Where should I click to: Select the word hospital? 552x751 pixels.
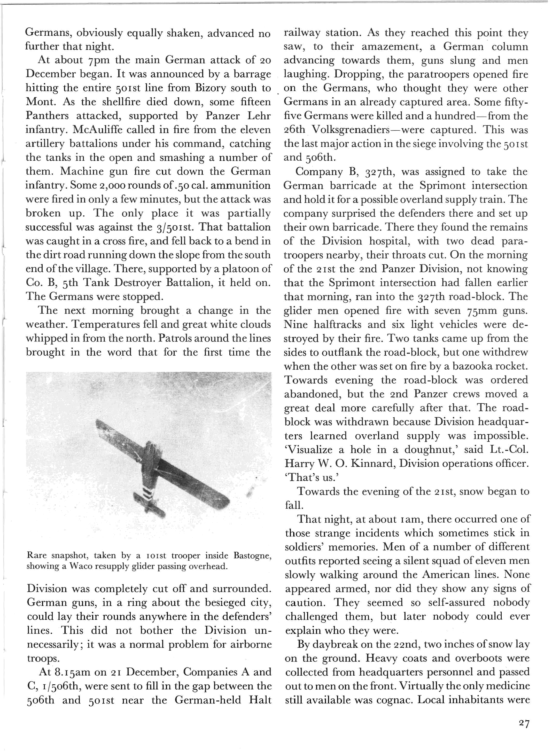[387, 241]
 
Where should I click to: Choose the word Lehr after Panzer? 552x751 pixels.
[258, 116]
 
